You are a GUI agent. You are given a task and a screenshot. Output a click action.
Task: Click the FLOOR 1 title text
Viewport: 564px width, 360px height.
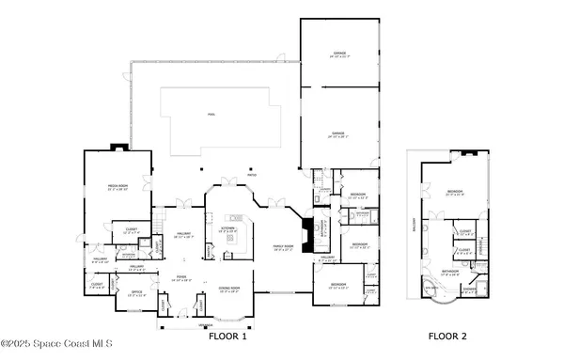click(226, 336)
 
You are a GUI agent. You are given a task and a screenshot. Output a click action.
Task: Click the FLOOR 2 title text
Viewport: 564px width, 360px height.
click(447, 336)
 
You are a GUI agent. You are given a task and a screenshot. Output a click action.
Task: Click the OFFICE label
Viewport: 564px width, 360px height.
click(136, 292)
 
